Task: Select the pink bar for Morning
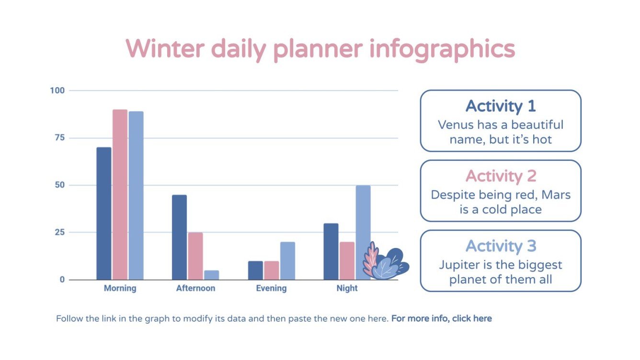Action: click(x=120, y=194)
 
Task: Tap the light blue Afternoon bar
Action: click(x=211, y=275)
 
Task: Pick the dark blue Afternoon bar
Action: click(x=179, y=237)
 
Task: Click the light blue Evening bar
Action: click(x=287, y=261)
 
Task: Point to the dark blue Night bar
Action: click(x=331, y=251)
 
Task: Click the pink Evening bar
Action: click(x=271, y=270)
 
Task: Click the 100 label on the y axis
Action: click(x=57, y=90)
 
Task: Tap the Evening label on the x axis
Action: click(x=271, y=288)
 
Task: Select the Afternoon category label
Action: click(x=195, y=288)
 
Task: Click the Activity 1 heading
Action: click(x=501, y=106)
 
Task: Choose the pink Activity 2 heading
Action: click(x=501, y=176)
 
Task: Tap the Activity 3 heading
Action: click(x=501, y=246)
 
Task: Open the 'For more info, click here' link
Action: click(x=441, y=318)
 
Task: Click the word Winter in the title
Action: click(x=165, y=48)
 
